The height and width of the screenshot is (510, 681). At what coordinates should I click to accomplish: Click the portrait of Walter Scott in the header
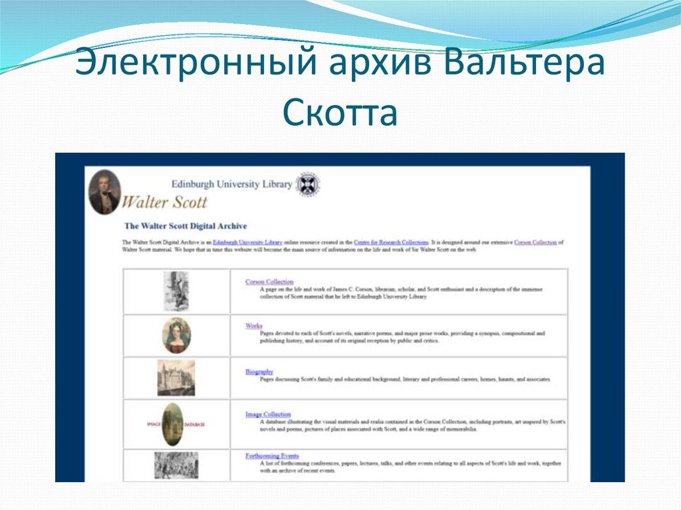(x=104, y=192)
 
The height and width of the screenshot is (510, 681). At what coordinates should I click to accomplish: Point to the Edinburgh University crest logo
(x=308, y=184)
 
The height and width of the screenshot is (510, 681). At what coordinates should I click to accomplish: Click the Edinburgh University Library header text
(x=231, y=184)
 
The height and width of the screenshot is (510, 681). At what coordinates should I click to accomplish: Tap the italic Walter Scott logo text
(x=166, y=201)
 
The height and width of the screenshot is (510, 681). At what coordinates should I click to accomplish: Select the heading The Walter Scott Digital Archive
(x=186, y=226)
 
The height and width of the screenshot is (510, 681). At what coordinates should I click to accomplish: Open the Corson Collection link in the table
(x=269, y=282)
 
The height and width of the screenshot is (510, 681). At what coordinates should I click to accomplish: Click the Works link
(x=253, y=326)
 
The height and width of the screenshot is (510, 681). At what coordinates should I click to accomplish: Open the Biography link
(x=259, y=372)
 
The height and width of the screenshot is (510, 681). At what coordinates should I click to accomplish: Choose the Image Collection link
(x=268, y=414)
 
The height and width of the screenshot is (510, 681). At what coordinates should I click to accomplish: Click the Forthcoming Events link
(x=271, y=456)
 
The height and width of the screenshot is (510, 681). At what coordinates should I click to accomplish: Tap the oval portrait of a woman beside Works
(x=176, y=335)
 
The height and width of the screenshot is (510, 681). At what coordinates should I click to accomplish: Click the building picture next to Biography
(x=176, y=378)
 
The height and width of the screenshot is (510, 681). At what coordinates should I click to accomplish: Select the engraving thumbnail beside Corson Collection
(x=176, y=291)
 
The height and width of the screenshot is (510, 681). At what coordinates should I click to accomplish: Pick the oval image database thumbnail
(x=173, y=424)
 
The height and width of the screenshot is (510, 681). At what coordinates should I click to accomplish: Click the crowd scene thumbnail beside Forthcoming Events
(x=176, y=465)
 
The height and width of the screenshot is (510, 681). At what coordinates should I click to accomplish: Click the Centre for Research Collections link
(x=391, y=243)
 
